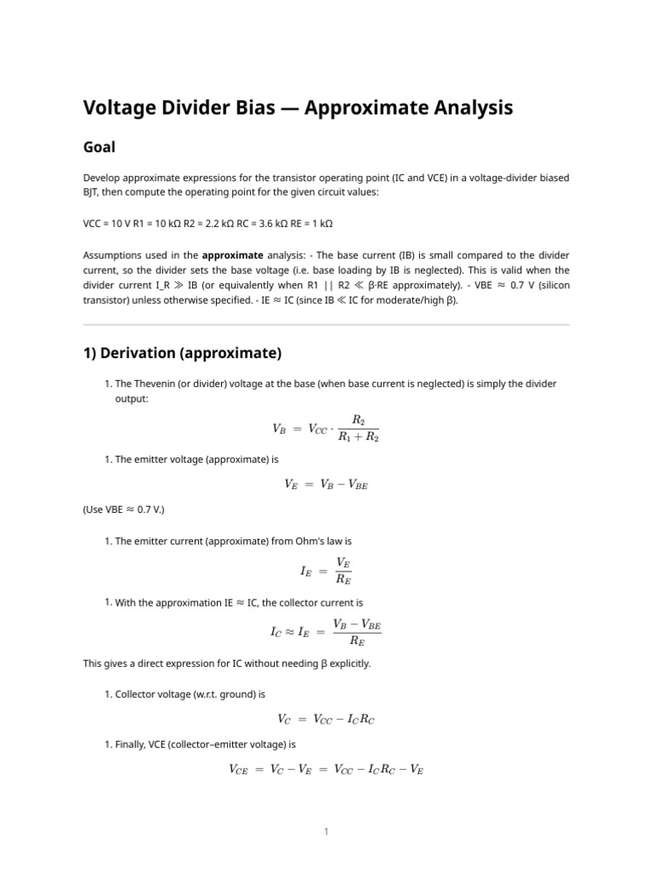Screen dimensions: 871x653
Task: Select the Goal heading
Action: point(99,147)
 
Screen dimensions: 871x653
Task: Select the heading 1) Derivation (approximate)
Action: point(182,352)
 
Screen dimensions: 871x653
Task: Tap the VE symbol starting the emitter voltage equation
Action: point(291,485)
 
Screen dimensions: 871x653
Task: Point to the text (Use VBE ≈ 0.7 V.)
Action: point(124,510)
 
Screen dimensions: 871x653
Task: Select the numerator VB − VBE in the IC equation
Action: point(357,623)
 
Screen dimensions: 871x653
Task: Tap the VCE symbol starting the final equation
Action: point(239,770)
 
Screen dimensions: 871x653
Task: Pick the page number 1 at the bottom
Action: point(326,832)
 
